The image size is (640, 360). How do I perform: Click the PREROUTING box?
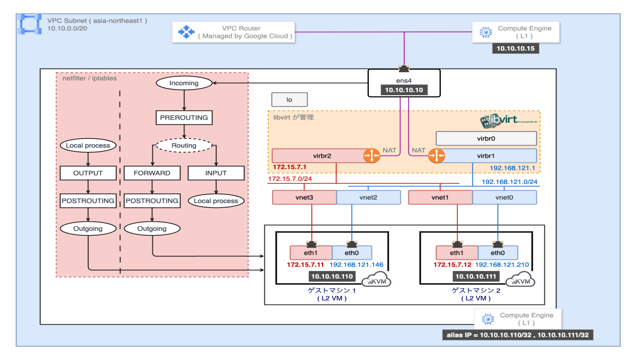[184, 118]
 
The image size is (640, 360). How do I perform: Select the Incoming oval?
[184, 83]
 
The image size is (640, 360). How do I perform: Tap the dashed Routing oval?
[184, 145]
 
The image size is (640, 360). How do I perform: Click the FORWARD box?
[152, 173]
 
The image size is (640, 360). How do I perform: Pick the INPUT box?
[216, 173]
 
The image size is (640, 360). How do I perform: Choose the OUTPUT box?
[88, 173]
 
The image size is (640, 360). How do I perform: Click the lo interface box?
[289, 100]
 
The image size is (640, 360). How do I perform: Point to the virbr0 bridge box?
[486, 138]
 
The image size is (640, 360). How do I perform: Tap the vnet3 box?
[304, 197]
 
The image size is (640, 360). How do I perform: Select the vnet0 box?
[504, 197]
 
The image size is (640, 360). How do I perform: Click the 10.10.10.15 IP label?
[515, 48]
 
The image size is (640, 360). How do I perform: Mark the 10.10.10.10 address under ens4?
[404, 90]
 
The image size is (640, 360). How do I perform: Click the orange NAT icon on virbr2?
[371, 155]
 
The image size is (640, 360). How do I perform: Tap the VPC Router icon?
[186, 32]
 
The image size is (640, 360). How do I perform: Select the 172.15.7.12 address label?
[452, 265]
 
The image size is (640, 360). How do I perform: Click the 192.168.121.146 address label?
[356, 265]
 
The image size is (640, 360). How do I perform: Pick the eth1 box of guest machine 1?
[311, 253]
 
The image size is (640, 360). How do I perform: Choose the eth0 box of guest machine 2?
[498, 253]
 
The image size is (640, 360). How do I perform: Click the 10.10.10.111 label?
[476, 276]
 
